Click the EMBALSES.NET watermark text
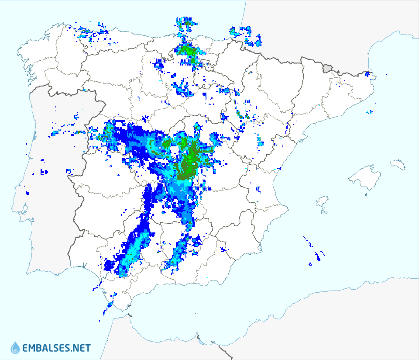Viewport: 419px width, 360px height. point(56,348)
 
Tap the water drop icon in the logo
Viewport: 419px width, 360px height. point(15,348)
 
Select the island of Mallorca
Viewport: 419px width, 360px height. point(362,177)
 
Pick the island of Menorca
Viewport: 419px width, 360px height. point(398,164)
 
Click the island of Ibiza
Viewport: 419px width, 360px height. point(322,202)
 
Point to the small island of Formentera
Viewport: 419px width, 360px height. point(325,212)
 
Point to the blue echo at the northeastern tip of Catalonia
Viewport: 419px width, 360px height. point(367,74)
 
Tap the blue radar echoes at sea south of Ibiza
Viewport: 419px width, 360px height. point(317,256)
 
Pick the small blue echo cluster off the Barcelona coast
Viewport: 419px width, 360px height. point(370,112)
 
